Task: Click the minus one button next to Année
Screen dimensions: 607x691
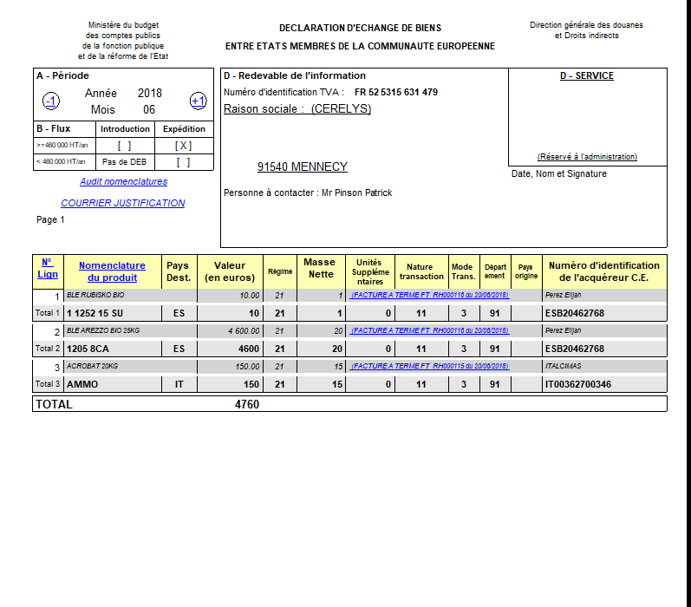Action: (51, 102)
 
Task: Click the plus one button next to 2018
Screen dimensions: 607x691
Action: (198, 101)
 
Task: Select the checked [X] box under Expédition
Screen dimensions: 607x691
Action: (183, 146)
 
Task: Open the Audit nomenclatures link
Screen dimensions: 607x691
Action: (123, 182)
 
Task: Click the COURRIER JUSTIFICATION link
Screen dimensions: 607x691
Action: (122, 203)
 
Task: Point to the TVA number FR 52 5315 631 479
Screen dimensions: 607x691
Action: (395, 92)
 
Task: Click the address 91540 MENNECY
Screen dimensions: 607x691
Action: (302, 166)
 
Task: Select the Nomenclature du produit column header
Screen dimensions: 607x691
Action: (112, 271)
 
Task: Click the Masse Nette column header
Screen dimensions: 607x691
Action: (319, 268)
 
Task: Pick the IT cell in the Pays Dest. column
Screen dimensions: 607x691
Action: (179, 384)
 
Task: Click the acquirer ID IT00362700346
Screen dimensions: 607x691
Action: (577, 384)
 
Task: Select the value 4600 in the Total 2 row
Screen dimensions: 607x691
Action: (249, 349)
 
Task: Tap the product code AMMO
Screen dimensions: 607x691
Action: (82, 384)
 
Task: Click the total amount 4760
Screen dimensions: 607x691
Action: (246, 404)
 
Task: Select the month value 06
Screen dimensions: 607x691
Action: (149, 110)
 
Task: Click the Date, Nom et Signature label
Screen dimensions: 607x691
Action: (558, 173)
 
